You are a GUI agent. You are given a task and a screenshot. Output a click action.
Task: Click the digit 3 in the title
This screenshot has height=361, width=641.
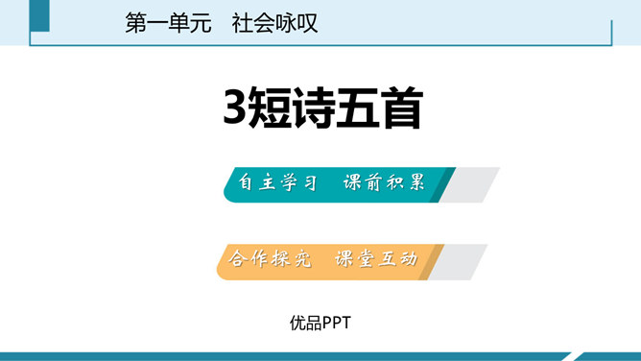(x=233, y=109)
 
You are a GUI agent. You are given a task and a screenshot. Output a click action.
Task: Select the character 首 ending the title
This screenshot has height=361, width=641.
(x=399, y=109)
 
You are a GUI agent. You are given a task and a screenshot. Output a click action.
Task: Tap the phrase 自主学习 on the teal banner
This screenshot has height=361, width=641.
(x=277, y=183)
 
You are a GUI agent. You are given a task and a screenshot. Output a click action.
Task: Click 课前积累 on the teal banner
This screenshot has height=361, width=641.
(x=384, y=183)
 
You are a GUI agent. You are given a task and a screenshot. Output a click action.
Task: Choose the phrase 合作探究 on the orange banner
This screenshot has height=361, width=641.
(x=272, y=259)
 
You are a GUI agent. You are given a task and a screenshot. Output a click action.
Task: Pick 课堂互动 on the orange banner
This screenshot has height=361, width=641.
(x=376, y=259)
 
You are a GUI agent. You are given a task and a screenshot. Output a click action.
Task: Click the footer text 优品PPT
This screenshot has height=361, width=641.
(x=320, y=324)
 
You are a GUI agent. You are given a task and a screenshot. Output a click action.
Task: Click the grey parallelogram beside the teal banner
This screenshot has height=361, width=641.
(x=472, y=184)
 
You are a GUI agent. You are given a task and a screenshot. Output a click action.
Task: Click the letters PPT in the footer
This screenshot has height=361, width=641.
(x=337, y=324)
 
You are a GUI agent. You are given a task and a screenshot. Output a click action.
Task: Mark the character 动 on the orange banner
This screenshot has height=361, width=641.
(x=408, y=259)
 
